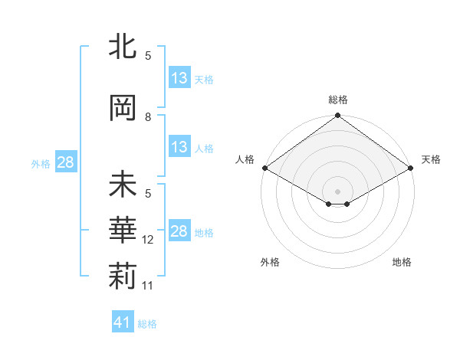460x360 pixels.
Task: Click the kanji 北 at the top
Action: pyautogui.click(x=123, y=47)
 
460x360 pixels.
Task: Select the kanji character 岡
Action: pyautogui.click(x=123, y=107)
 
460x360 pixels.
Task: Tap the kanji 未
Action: pyautogui.click(x=123, y=185)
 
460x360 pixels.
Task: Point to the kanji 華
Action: pyautogui.click(x=123, y=231)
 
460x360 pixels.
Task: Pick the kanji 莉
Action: pyautogui.click(x=123, y=277)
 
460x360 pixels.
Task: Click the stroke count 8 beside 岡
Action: pyautogui.click(x=148, y=117)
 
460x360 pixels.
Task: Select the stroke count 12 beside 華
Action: pyautogui.click(x=149, y=240)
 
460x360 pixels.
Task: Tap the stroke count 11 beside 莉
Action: pyautogui.click(x=149, y=286)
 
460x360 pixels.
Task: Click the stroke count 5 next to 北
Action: pyautogui.click(x=148, y=56)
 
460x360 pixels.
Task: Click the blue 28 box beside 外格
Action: pyautogui.click(x=65, y=162)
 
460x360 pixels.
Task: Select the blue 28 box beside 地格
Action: pyautogui.click(x=179, y=231)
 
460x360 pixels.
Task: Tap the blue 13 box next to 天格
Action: pyautogui.click(x=179, y=78)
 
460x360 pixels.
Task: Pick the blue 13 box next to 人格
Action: pyautogui.click(x=179, y=147)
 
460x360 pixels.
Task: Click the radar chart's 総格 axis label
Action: pyautogui.click(x=337, y=100)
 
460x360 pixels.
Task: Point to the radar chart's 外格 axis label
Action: pyautogui.click(x=270, y=262)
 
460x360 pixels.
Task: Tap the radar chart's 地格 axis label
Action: pyautogui.click(x=402, y=262)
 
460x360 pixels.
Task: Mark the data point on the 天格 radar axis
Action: pyautogui.click(x=411, y=168)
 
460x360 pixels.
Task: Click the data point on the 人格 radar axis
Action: pyautogui.click(x=264, y=168)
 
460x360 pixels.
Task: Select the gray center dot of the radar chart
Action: pyautogui.click(x=337, y=190)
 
